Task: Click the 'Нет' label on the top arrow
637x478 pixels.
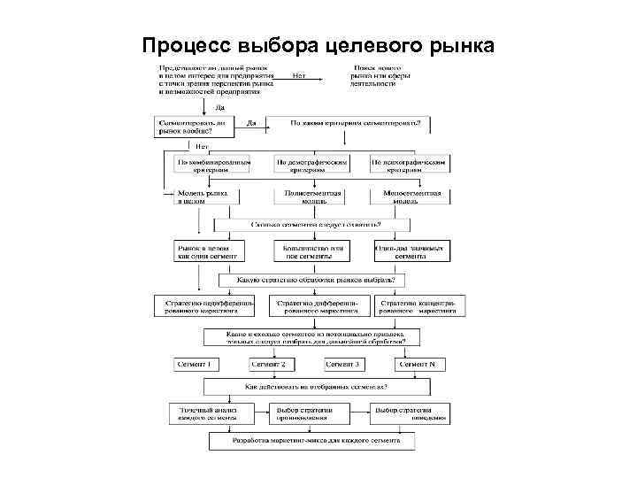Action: [299, 76]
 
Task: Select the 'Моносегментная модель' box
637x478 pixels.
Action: [412, 196]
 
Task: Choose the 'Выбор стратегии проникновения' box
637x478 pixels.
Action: [305, 413]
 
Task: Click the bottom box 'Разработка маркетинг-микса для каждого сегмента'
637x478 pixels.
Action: [316, 440]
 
